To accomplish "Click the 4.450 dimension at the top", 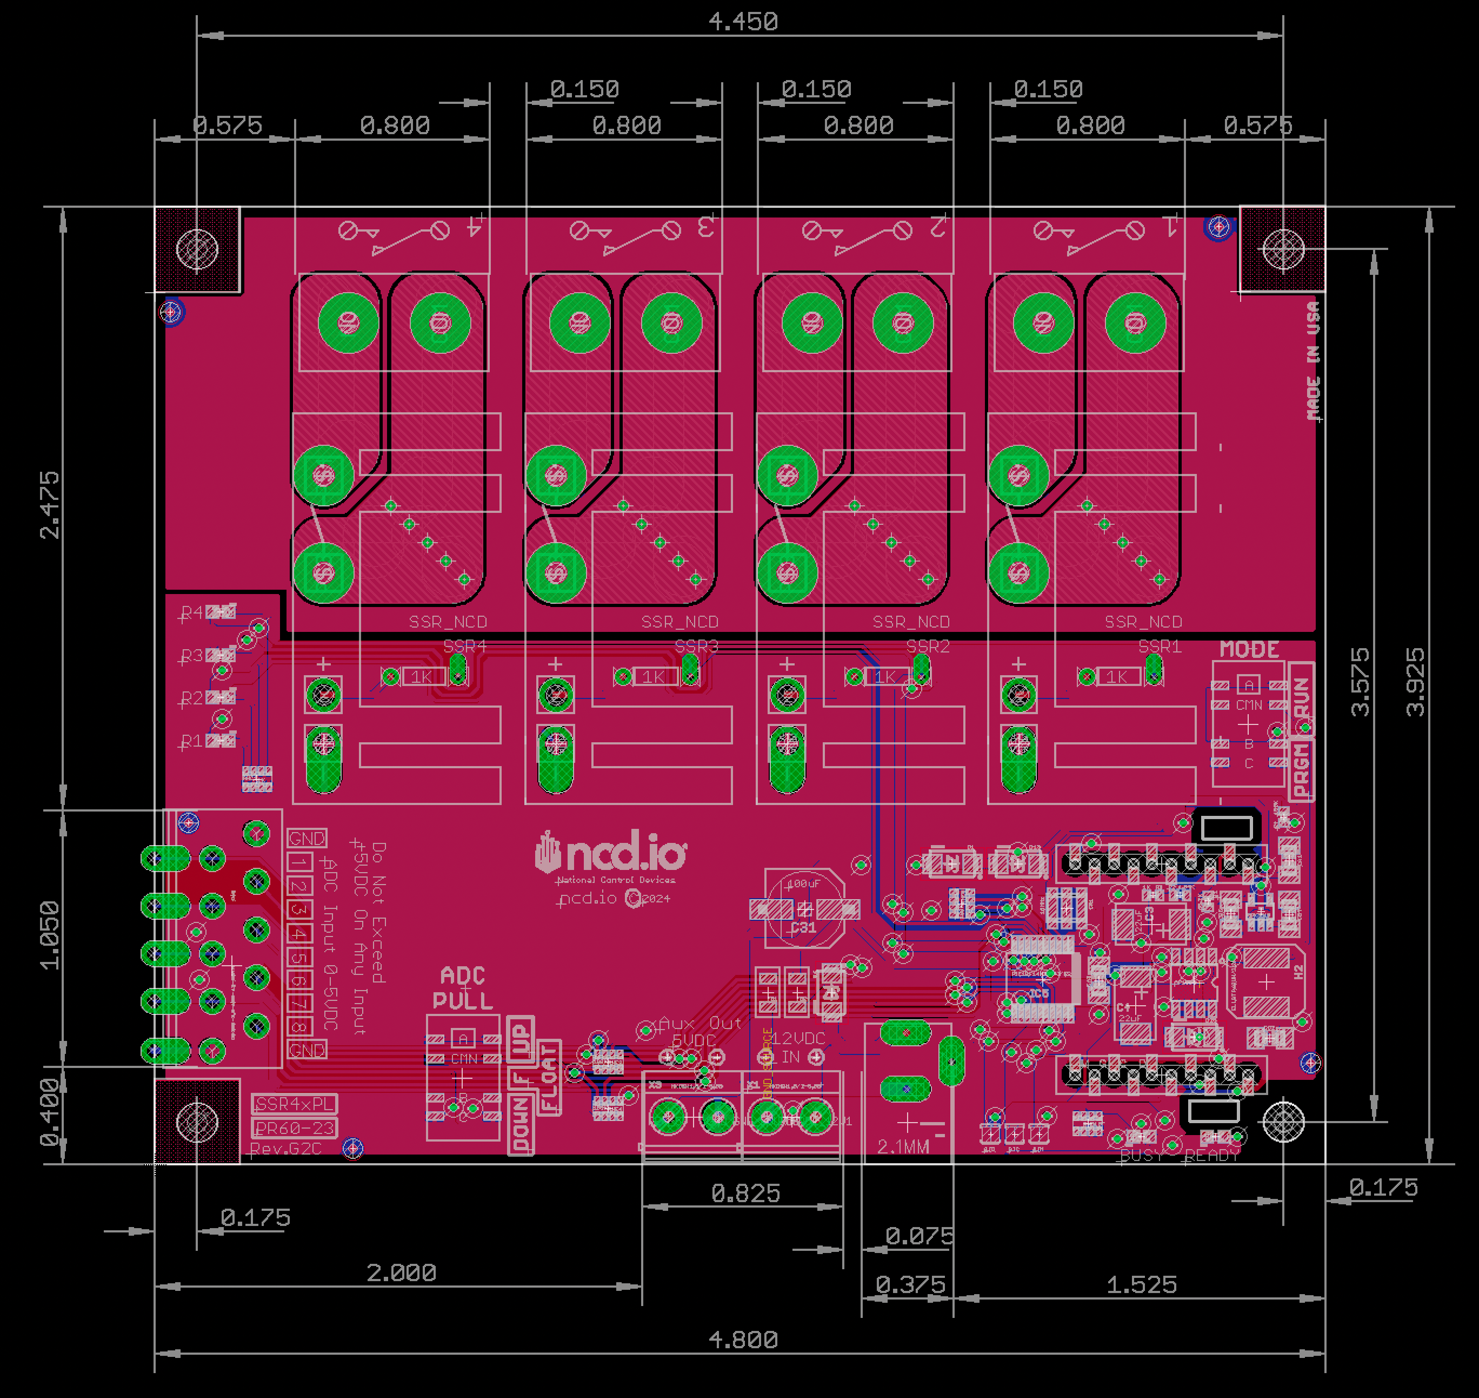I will coord(743,22).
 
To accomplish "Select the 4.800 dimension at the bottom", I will coord(743,1340).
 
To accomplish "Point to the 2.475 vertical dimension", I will coord(50,504).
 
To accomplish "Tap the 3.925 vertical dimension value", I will coord(1415,682).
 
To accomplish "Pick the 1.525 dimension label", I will coord(1141,1285).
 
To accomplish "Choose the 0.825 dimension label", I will coord(745,1194).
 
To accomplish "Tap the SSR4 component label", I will coord(465,646).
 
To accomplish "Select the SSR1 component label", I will coord(1160,646).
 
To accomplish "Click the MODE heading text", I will coord(1249,650).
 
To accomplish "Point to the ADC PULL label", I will coord(463,988).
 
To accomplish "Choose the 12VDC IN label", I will coord(797,1047).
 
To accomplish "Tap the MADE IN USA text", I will coord(1313,361).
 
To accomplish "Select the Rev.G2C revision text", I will coord(285,1149).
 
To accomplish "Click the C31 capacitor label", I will coord(803,928).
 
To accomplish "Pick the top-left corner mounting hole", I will coord(197,249).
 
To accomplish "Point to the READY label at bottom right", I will coord(1211,1156).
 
